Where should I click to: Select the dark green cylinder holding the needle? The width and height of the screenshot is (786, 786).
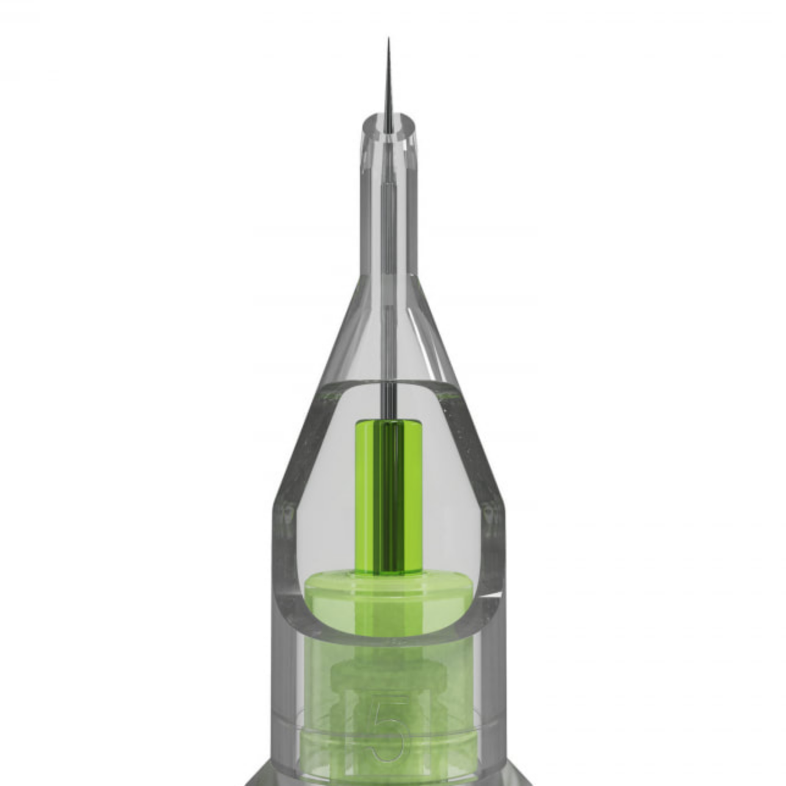coord(389,497)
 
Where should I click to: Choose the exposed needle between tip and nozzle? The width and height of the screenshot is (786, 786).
coord(389,85)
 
